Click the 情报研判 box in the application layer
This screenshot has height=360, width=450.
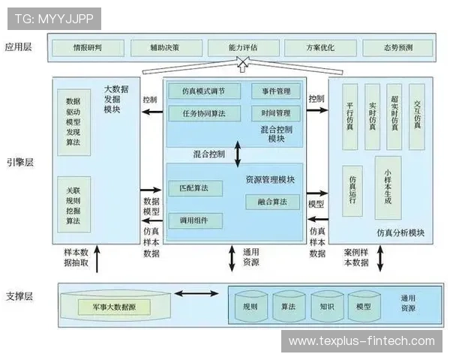click(87, 48)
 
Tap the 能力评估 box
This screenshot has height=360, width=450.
click(243, 48)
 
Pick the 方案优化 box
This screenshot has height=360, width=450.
click(320, 48)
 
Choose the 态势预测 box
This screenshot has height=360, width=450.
click(397, 48)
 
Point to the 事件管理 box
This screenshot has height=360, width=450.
click(276, 91)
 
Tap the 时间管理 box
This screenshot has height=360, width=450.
click(276, 114)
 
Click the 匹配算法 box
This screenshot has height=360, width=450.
click(195, 187)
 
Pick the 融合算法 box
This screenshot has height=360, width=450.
click(272, 202)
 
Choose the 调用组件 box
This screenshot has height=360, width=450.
click(195, 220)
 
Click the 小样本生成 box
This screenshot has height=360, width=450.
click(387, 186)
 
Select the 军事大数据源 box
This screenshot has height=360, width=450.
click(115, 307)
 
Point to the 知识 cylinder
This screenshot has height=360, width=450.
click(326, 307)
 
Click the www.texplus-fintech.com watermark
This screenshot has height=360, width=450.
click(361, 342)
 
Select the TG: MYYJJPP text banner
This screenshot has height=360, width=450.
click(52, 17)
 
